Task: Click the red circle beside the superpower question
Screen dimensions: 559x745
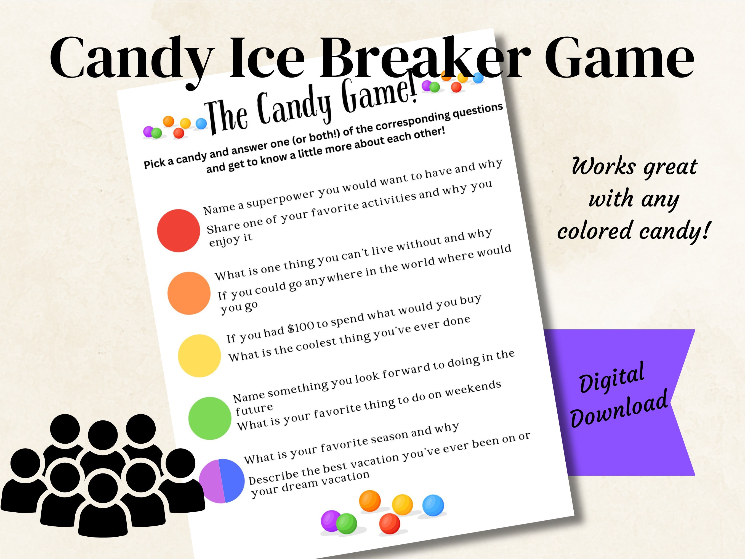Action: pos(179,231)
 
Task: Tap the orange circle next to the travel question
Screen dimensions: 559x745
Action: pos(189,293)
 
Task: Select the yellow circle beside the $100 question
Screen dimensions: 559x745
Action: pos(199,356)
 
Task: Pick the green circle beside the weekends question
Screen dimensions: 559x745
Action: pos(210,418)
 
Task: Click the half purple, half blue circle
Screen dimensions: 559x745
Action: pos(221,481)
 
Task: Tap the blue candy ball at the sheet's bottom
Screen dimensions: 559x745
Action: pos(433,505)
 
